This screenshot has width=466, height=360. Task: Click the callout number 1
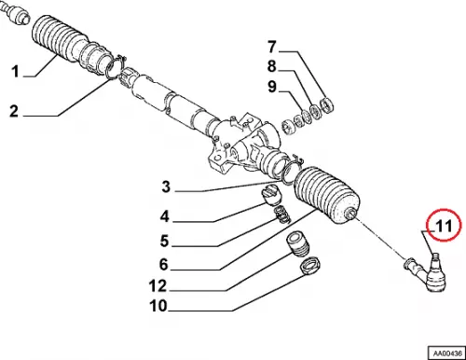(x=15, y=72)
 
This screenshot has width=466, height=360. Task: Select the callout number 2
(x=14, y=111)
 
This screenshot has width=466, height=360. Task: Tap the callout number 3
(x=166, y=187)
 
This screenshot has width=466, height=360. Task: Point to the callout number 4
(x=165, y=216)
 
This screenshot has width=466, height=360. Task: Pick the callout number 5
(x=165, y=241)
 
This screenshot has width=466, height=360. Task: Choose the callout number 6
(x=164, y=264)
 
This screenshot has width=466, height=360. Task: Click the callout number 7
(x=272, y=47)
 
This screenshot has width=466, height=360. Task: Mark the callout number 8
(x=272, y=66)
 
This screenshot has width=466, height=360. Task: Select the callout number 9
(x=272, y=87)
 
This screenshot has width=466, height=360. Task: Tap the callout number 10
(x=158, y=306)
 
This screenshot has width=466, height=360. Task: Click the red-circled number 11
(x=444, y=226)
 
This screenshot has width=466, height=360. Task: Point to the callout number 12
(x=158, y=286)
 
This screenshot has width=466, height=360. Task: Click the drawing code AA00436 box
(x=446, y=353)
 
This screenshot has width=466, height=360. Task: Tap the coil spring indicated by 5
(x=282, y=215)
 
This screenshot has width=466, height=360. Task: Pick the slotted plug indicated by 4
(x=271, y=195)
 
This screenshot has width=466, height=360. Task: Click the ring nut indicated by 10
(x=310, y=265)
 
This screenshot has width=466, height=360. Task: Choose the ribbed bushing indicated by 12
(x=298, y=244)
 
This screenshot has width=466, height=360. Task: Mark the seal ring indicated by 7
(x=327, y=105)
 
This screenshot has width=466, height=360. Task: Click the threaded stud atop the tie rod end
(x=436, y=258)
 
